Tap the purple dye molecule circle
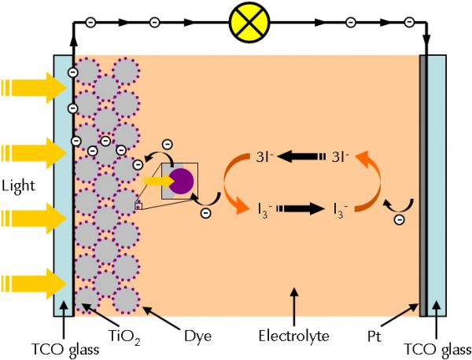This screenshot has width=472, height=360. click(x=180, y=181)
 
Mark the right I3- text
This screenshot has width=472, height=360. click(x=337, y=210)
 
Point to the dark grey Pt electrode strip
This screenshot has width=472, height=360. click(x=425, y=186)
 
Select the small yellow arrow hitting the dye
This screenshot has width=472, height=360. click(x=153, y=181)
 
